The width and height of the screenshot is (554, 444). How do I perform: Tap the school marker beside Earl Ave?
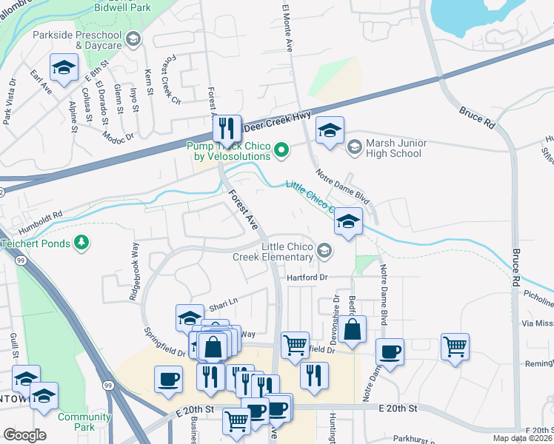(x=64, y=68)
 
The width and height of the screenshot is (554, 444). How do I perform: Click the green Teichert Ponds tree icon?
(x=82, y=243)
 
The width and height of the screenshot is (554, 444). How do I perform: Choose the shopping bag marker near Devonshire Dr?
(x=353, y=329)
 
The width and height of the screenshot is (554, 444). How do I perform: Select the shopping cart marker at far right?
(x=455, y=346)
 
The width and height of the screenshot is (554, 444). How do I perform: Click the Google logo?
(x=24, y=434)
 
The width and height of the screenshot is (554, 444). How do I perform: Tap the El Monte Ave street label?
(x=287, y=28)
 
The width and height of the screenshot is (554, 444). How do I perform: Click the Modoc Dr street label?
(x=119, y=136)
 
